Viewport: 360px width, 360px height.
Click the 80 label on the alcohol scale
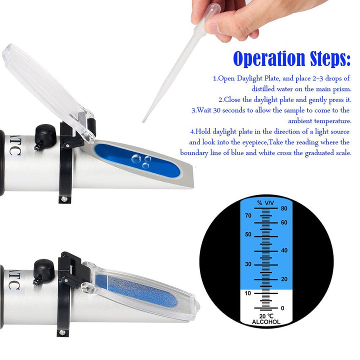click(x=284, y=208)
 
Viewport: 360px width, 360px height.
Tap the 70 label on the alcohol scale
click(x=248, y=215)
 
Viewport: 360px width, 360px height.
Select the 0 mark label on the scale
click(x=282, y=308)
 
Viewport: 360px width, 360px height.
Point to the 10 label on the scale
click(x=247, y=293)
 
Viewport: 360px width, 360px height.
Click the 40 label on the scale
click(x=284, y=250)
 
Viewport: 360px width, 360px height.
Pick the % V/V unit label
click(x=265, y=203)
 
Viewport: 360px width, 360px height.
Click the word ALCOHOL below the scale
click(x=266, y=322)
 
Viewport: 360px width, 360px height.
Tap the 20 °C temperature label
click(x=266, y=316)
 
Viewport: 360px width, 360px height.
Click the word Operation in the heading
click(x=269, y=59)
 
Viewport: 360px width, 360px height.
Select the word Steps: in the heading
click(x=330, y=58)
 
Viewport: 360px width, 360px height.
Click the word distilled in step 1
click(x=263, y=89)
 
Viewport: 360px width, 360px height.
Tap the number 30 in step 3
click(x=216, y=110)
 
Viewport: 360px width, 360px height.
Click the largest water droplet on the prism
click(x=136, y=158)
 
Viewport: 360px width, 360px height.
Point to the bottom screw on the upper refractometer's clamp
click(x=64, y=199)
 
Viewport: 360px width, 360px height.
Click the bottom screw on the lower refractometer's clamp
click(x=62, y=332)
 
